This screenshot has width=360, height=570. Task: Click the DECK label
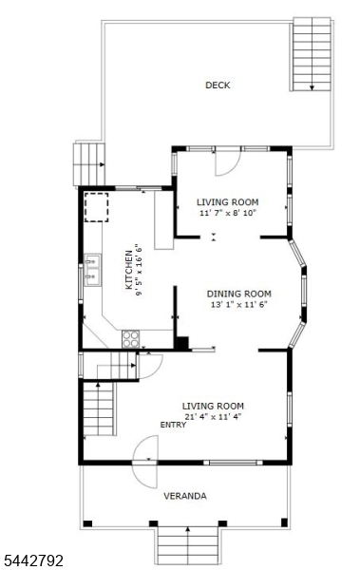point(218,85)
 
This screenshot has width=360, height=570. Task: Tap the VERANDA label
point(184,496)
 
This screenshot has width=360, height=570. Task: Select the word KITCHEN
point(129,270)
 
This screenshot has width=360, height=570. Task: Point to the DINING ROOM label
point(239,294)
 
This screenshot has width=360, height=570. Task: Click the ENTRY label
point(173,425)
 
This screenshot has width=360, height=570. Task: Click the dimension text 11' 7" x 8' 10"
point(228,213)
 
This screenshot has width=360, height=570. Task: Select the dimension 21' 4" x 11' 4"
point(213,417)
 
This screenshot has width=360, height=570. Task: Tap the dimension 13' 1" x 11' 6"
point(239,304)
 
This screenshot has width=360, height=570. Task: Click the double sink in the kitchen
point(92,270)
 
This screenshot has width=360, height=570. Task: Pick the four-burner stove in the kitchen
point(130,339)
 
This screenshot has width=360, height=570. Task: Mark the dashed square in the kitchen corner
point(96,207)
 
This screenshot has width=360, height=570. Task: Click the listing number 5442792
point(31,560)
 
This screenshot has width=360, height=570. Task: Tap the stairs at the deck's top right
point(312,54)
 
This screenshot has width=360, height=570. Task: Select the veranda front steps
point(188,545)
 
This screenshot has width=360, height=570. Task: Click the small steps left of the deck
point(89,164)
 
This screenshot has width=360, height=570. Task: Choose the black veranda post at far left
point(87,523)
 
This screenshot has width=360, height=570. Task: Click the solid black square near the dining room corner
point(182,344)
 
